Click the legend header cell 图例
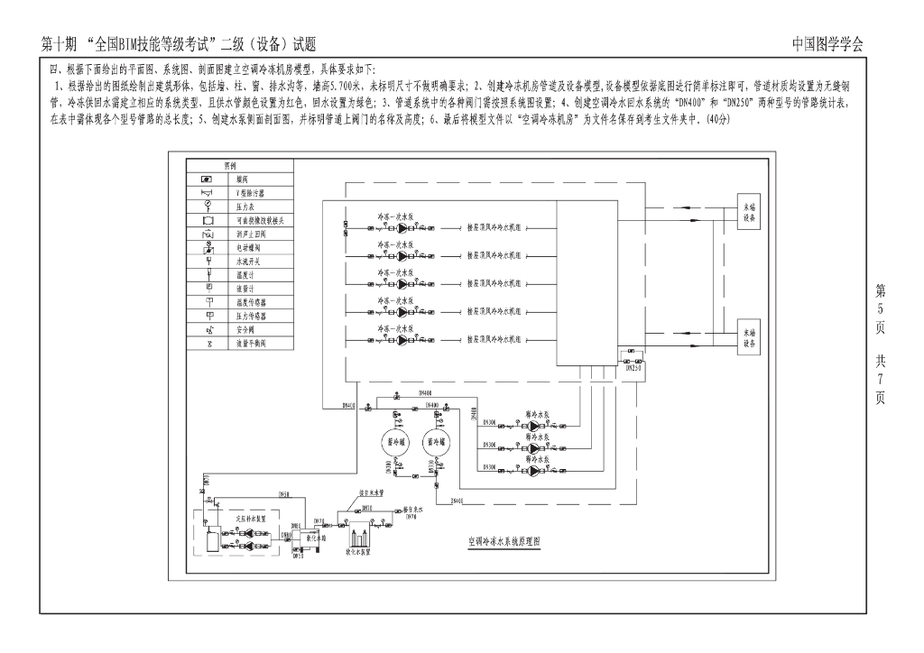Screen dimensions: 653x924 pyautogui.click(x=230, y=166)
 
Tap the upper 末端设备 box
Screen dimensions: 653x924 pyautogui.click(x=749, y=212)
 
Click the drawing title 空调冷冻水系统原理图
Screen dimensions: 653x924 pyautogui.click(x=504, y=544)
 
